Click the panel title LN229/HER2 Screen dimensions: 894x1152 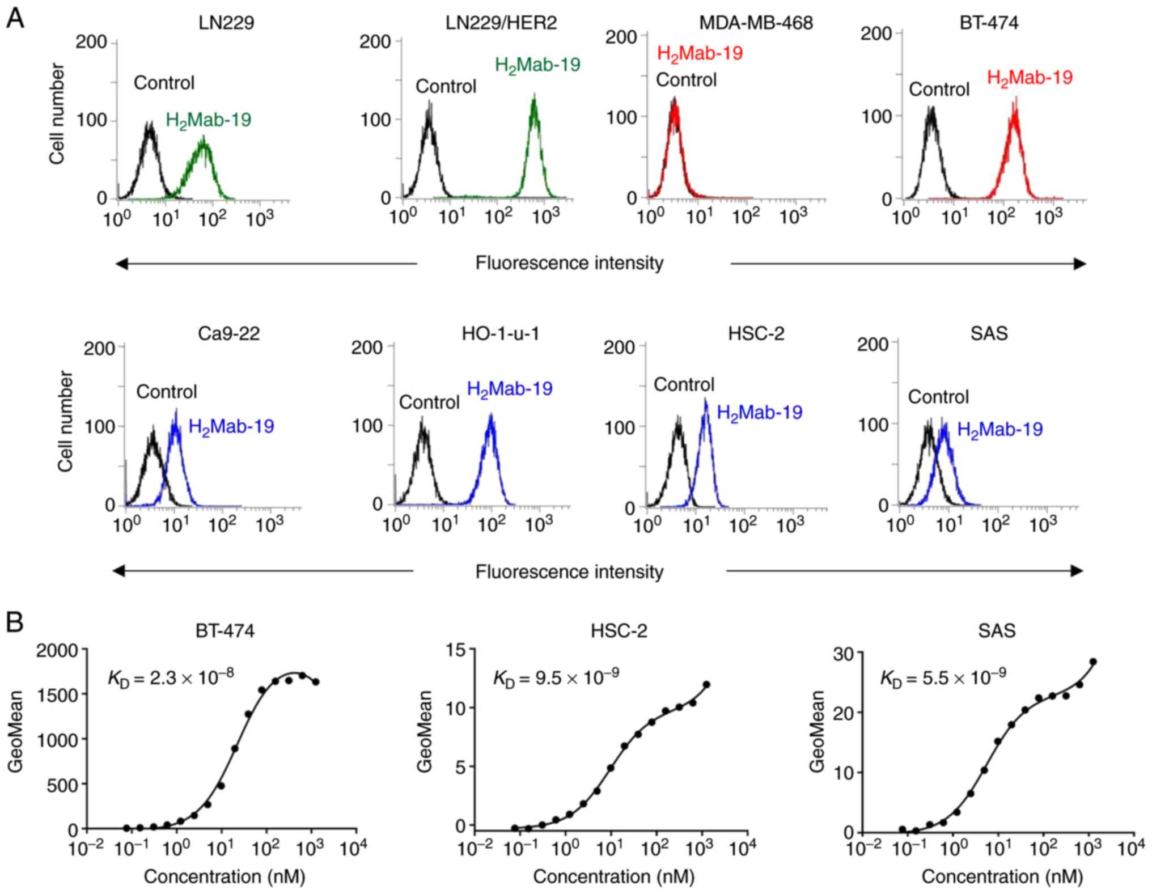501,23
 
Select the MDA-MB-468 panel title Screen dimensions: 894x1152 756,23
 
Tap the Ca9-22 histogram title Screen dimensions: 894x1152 228,333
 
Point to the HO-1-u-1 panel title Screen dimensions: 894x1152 500,333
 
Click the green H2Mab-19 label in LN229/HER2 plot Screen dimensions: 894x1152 537,65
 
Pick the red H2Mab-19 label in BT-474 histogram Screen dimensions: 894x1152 1030,78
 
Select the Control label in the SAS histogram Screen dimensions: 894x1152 938,397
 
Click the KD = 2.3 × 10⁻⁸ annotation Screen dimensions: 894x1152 171,677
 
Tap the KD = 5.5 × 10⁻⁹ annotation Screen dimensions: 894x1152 943,677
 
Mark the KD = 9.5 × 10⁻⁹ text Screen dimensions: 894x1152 556,677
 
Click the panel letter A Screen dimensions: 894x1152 15,18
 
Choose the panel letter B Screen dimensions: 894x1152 15,622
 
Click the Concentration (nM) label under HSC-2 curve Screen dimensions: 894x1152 613,876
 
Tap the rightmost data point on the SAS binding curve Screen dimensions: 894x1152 1093,662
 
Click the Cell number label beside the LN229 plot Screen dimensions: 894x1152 57,113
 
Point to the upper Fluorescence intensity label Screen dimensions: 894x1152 569,263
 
